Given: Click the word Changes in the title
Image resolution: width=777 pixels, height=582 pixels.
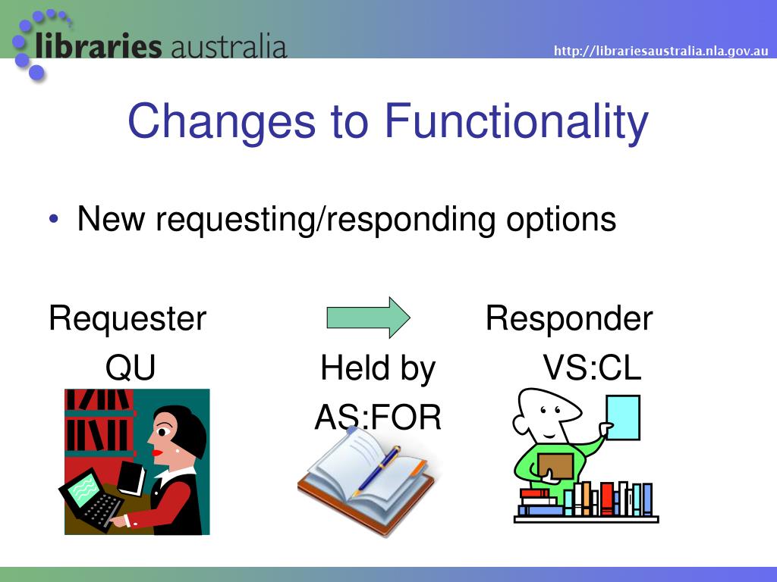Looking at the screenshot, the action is [222, 121].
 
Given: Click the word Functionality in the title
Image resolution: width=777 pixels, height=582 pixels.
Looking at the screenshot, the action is [516, 120].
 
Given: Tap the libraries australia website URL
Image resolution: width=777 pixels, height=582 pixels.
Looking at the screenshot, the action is [661, 51].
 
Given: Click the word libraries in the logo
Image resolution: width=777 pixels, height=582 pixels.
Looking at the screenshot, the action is [98, 45].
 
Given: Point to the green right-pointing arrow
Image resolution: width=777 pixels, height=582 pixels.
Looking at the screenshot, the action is [368, 318].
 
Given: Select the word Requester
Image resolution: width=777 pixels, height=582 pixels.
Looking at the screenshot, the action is [127, 318].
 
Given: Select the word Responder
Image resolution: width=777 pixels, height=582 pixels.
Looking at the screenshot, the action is [569, 318].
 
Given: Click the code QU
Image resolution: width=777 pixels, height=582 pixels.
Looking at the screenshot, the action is [131, 368].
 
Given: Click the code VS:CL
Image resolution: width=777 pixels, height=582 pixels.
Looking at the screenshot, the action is [592, 368].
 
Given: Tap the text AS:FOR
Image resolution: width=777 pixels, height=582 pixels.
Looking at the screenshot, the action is [378, 417].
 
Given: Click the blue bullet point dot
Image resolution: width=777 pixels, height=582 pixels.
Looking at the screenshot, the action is [54, 218].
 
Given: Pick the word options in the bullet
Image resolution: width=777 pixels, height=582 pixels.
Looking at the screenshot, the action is [561, 220].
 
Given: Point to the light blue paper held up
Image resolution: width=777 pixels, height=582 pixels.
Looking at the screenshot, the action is [624, 418].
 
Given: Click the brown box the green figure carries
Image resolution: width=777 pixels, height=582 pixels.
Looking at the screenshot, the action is [556, 466].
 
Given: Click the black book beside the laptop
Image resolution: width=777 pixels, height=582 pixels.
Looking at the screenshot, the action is [131, 477].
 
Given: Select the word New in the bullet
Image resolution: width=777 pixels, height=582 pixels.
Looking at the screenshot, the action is [111, 218].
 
